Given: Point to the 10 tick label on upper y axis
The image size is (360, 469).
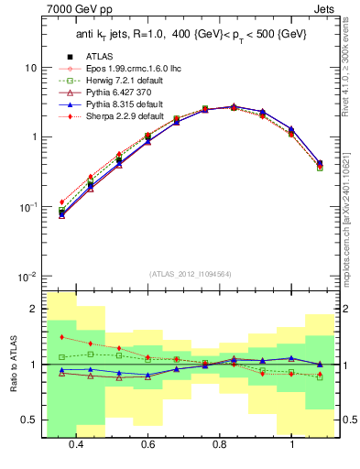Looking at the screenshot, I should [x=31, y=69].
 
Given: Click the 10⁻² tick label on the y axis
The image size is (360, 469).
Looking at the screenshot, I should [x=28, y=277].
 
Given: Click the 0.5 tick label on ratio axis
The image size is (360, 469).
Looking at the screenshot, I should [x=29, y=420].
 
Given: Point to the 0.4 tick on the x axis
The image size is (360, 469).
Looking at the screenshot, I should [x=76, y=444].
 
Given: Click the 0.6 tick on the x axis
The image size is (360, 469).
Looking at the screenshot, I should [x=147, y=444].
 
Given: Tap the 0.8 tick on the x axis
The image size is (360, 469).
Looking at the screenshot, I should [x=220, y=444].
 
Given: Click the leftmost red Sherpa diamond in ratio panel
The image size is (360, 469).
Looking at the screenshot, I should [x=62, y=338].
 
